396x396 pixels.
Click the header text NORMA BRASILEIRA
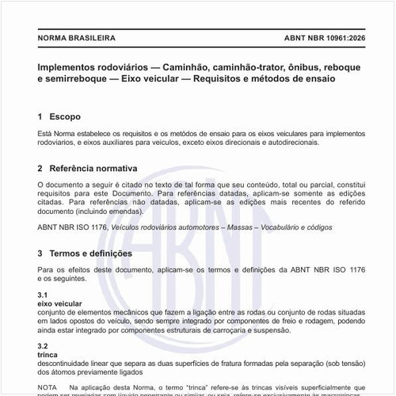pyautogui.click(x=77, y=37)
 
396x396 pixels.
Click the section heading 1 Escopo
pyautogui.click(x=59, y=116)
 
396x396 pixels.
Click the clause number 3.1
pyautogui.click(x=43, y=295)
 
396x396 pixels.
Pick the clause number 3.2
pyautogui.click(x=43, y=345)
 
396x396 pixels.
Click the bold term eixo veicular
pyautogui.click(x=59, y=303)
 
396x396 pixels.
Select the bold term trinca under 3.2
pyautogui.click(x=48, y=354)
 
